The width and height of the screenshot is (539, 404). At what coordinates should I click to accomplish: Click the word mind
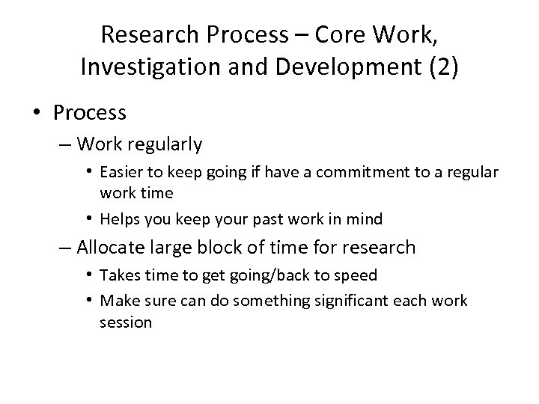[365, 218]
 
